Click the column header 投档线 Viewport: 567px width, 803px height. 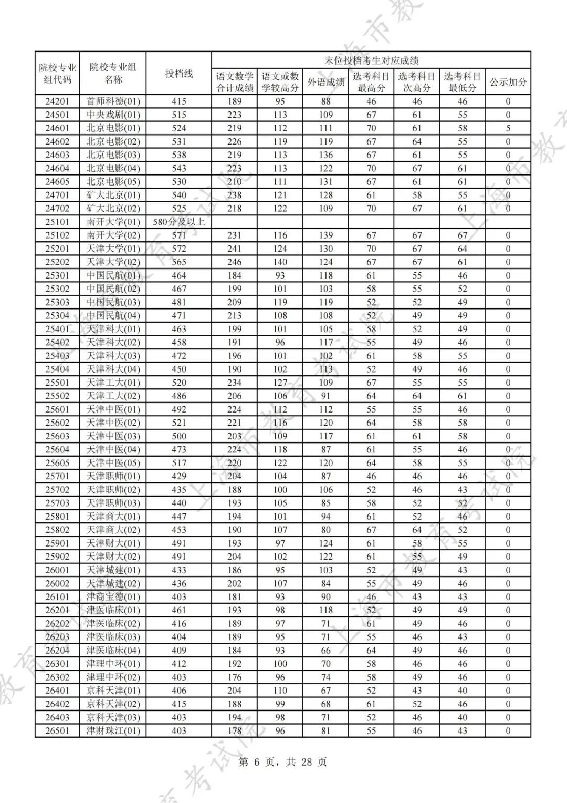(x=179, y=74)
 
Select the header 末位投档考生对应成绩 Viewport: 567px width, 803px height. (x=371, y=60)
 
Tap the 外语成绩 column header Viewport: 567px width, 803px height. (x=325, y=82)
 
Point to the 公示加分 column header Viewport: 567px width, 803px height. (x=508, y=82)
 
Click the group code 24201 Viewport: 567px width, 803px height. (x=57, y=101)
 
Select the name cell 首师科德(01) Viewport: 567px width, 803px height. (x=113, y=101)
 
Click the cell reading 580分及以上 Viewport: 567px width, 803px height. (x=179, y=222)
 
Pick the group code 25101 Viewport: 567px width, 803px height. (x=57, y=222)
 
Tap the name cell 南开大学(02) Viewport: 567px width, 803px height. (x=113, y=235)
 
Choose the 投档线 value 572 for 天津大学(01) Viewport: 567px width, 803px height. (x=179, y=249)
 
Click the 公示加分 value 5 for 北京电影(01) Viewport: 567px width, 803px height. (x=508, y=128)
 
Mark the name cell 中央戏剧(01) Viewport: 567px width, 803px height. (x=113, y=115)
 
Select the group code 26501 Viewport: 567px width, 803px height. (x=57, y=730)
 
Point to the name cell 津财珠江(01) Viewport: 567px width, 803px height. (x=113, y=730)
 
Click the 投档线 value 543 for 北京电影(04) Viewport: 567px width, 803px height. (x=179, y=168)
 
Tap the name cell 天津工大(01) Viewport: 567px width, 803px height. (x=113, y=383)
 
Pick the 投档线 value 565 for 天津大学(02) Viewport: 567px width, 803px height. (x=179, y=262)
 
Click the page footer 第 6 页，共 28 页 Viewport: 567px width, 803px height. (x=283, y=762)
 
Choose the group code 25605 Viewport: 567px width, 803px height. (x=57, y=463)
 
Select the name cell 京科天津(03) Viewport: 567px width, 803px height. (x=113, y=717)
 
